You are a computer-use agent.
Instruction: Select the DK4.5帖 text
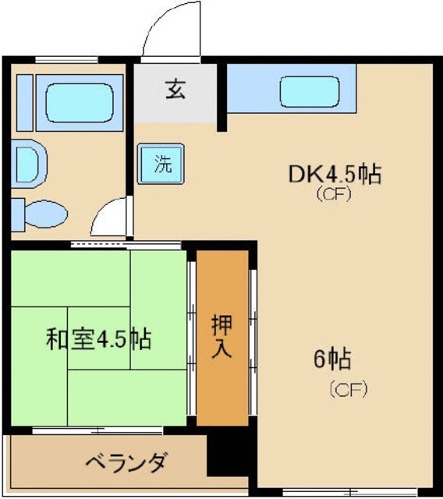point(335,175)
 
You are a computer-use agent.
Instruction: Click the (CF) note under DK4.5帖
point(334,195)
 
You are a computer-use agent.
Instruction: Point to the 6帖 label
point(332,360)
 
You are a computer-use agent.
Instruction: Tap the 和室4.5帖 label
point(98,340)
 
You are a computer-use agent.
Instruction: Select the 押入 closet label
point(221,336)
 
